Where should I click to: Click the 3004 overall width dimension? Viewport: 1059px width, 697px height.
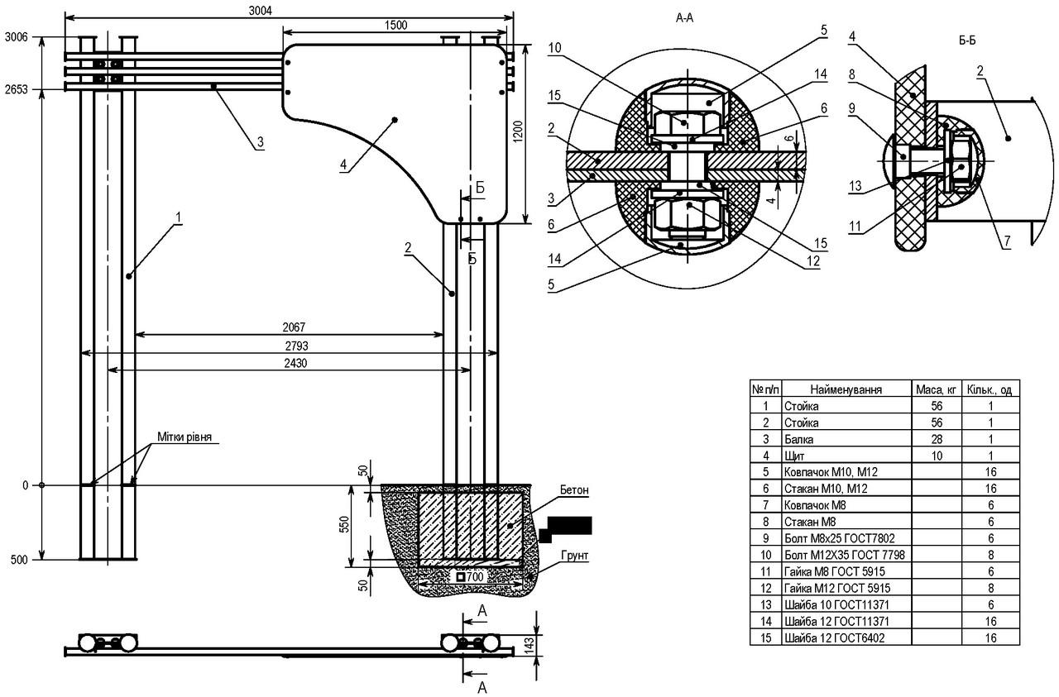[x=261, y=11]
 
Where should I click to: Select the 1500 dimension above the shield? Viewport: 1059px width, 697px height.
[x=395, y=25]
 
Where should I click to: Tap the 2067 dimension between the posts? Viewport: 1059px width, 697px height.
[x=294, y=327]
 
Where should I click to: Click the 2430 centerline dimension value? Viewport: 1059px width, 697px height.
[x=295, y=363]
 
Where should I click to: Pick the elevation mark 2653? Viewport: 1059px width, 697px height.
[x=17, y=90]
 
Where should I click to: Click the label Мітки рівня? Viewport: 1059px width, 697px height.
[x=184, y=437]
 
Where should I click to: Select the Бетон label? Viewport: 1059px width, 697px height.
[x=574, y=490]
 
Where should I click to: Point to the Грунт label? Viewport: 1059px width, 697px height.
[x=574, y=556]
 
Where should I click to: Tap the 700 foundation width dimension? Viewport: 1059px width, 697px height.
[x=470, y=577]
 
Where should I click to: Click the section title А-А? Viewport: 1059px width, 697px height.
[x=684, y=18]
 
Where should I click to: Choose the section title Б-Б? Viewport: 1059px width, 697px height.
[x=967, y=41]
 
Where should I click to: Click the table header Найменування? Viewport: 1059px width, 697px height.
[x=846, y=390]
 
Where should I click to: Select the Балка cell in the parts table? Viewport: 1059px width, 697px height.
[x=799, y=440]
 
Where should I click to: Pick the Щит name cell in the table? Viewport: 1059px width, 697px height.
[x=794, y=456]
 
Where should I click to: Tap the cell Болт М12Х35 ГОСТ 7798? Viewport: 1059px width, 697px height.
[x=845, y=555]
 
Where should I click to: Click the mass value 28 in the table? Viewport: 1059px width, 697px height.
[x=937, y=440]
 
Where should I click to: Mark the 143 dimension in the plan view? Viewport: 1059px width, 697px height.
[x=529, y=643]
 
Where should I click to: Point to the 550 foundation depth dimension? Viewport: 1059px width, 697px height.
[x=345, y=524]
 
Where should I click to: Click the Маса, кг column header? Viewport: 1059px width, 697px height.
[x=936, y=390]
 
